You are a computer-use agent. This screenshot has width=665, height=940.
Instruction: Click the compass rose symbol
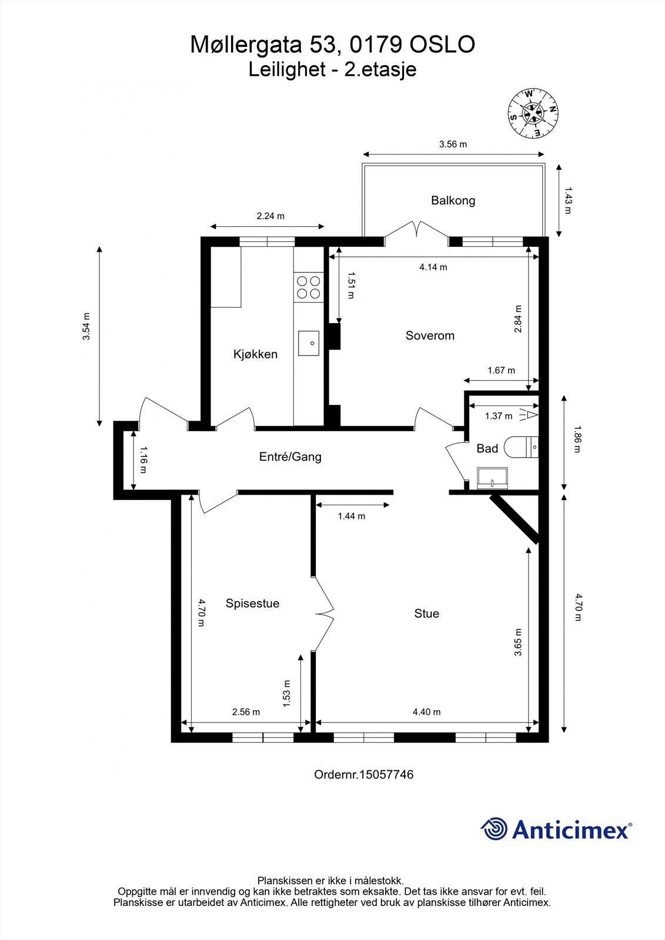[533, 113]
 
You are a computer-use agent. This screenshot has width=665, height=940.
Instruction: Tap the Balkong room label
[453, 200]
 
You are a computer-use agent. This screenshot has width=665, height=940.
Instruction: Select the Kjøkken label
[255, 354]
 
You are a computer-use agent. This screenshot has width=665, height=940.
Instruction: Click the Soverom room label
[430, 335]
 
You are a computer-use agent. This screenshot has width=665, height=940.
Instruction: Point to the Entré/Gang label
[290, 456]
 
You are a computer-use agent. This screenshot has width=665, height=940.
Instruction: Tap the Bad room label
[487, 449]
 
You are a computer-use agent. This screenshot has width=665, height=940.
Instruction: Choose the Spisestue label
[252, 603]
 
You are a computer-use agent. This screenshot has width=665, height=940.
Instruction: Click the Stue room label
[427, 613]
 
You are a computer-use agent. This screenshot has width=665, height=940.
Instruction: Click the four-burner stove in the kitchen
[308, 287]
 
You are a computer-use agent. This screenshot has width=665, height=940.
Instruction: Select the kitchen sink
[309, 343]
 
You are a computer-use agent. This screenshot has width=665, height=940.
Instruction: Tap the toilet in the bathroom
[521, 447]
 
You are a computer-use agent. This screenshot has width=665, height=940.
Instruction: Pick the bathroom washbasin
[493, 478]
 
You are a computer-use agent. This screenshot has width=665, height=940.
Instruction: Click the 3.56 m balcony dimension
[453, 145]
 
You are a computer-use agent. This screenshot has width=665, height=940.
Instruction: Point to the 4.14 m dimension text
[433, 267]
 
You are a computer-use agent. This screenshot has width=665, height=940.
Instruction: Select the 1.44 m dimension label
[351, 516]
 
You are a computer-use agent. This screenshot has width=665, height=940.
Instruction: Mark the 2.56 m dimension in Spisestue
[246, 711]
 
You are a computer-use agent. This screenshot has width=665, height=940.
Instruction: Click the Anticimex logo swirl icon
[494, 829]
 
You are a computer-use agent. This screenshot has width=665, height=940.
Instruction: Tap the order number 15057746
[386, 774]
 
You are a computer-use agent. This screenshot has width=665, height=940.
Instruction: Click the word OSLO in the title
[442, 45]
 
